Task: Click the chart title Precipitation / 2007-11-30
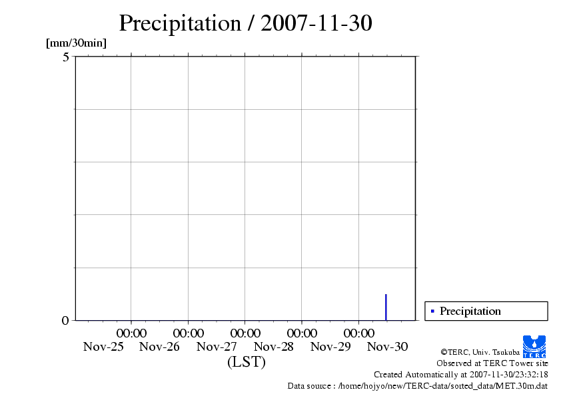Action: [245, 24]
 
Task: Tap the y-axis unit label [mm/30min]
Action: [76, 43]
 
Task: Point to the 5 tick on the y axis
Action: [66, 57]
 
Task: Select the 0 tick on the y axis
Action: [65, 320]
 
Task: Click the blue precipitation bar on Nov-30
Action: [386, 307]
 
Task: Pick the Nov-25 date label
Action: [103, 347]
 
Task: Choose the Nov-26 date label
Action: [160, 347]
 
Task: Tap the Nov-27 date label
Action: [217, 347]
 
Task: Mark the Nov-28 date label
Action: [274, 347]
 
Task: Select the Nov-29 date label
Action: [331, 347]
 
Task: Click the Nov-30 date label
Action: [388, 347]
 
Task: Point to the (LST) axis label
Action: [246, 362]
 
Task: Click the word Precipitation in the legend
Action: [470, 311]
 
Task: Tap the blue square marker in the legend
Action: [432, 311]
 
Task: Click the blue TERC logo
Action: [534, 346]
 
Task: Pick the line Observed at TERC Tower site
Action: [492, 363]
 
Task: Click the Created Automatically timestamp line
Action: [461, 375]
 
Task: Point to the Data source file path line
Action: [418, 385]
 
